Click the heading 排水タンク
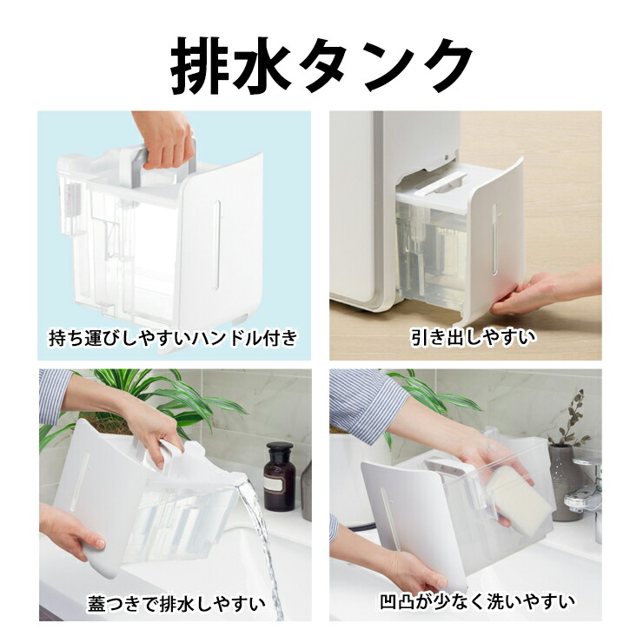[x=321, y=65]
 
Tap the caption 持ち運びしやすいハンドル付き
[x=173, y=338]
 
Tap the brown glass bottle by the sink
[x=279, y=475]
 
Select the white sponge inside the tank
[x=518, y=500]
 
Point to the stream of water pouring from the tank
[x=262, y=546]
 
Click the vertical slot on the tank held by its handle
[x=216, y=245]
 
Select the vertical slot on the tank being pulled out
[x=494, y=239]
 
